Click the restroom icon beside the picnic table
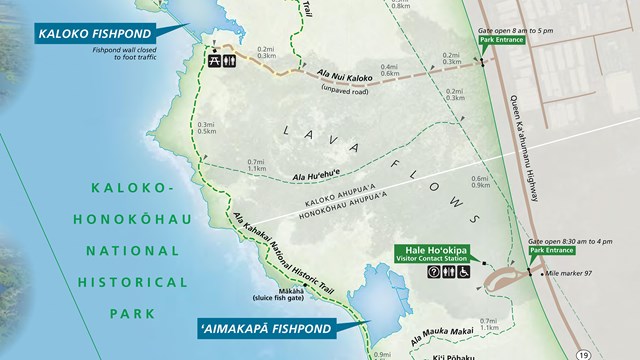[232, 59]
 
